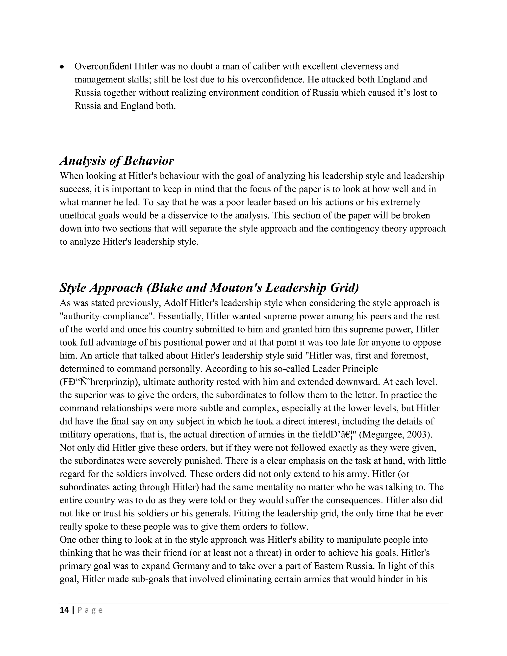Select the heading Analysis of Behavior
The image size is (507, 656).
point(117,161)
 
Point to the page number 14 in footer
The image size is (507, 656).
point(64,610)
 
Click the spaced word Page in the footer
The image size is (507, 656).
point(90,610)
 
